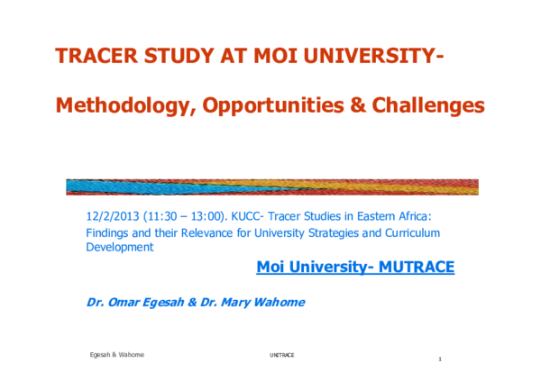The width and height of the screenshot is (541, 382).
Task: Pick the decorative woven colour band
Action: click(271, 186)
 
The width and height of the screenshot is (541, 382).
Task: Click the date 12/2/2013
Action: click(110, 216)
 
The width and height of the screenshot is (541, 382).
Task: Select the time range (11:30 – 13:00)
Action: click(181, 216)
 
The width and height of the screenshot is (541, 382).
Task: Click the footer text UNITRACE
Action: click(281, 355)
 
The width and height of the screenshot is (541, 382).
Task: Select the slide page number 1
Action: click(439, 359)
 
